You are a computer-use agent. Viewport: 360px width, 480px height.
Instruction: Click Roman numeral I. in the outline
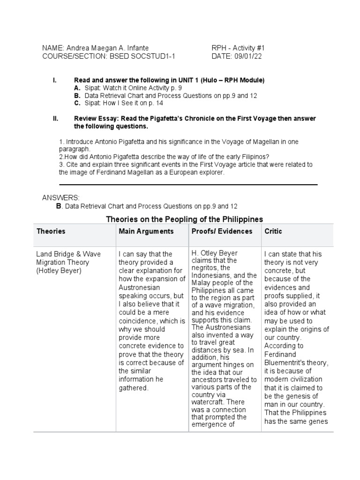click(55, 81)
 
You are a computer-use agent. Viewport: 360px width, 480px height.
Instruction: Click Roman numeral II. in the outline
click(55, 119)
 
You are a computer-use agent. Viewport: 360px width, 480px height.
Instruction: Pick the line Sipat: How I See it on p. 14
click(123, 103)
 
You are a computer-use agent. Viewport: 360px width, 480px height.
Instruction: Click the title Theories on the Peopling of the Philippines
click(185, 219)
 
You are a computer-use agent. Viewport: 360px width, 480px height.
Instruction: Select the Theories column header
click(51, 231)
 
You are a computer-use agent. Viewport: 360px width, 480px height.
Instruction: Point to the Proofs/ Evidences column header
click(222, 231)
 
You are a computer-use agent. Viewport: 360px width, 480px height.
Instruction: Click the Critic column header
click(273, 231)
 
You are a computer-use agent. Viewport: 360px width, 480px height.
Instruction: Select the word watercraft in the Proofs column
click(209, 402)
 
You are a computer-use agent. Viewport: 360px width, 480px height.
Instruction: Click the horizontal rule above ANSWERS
click(188, 185)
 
